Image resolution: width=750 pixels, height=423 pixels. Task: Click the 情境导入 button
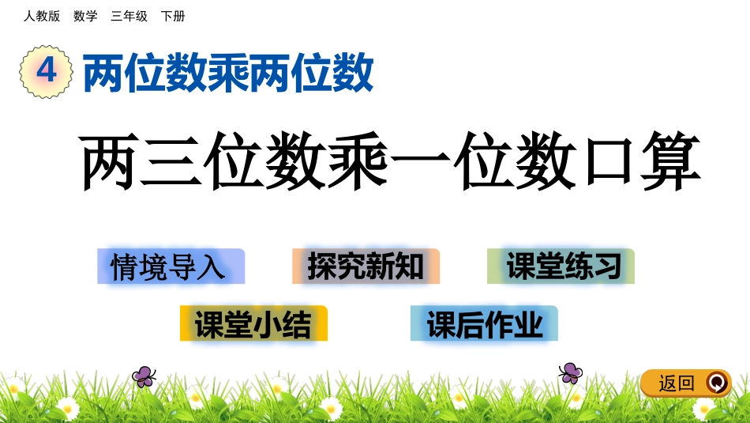(171, 266)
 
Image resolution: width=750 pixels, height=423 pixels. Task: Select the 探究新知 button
(366, 266)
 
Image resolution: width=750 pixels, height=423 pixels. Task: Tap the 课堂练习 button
(561, 266)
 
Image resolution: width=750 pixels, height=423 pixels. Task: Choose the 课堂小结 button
(253, 323)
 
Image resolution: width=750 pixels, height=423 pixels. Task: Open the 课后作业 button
(484, 323)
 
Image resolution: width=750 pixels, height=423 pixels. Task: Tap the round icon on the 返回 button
(716, 383)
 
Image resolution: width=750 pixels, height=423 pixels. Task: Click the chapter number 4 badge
(46, 71)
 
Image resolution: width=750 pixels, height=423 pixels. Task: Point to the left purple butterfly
(144, 376)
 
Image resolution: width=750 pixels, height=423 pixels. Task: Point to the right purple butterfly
(570, 372)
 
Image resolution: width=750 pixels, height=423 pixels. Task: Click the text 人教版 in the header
(42, 16)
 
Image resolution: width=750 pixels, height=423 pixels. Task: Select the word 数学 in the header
(85, 16)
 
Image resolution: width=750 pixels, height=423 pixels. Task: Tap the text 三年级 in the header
(129, 16)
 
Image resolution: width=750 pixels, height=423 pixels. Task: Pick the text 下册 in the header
(173, 16)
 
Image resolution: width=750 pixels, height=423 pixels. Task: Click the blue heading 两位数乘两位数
(228, 74)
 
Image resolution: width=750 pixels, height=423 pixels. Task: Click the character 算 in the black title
(671, 162)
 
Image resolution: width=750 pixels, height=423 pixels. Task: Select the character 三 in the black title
(171, 162)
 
